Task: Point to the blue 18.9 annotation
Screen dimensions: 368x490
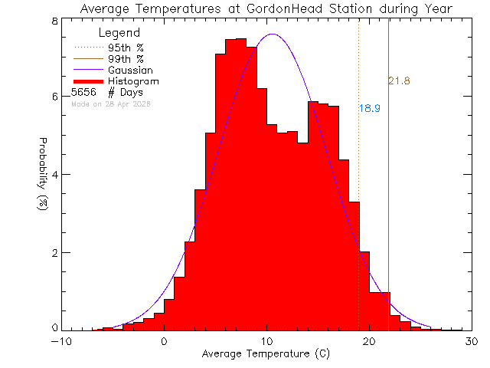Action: pos(370,109)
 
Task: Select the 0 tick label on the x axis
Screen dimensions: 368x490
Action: pos(164,342)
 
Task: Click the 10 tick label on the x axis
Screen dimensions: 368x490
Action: pos(266,342)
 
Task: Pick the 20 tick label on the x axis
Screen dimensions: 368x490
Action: pos(368,342)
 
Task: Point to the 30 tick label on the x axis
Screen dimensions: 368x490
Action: pos(470,342)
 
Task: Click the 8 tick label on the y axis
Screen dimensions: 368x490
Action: pos(55,21)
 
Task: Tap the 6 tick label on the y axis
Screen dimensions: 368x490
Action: pos(55,97)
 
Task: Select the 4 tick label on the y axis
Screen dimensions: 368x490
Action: pos(55,174)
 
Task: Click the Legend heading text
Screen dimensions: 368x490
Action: pos(120,33)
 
